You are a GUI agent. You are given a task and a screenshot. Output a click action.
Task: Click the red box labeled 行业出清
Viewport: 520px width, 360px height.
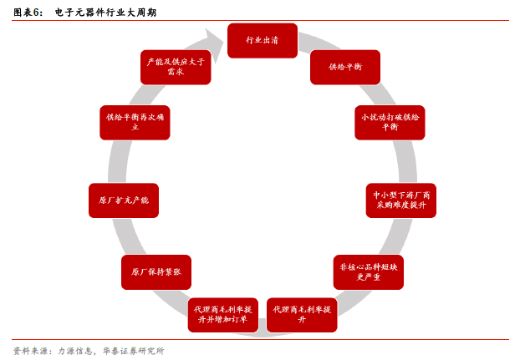click(x=262, y=40)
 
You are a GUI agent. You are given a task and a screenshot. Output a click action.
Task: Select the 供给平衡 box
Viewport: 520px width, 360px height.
click(x=344, y=67)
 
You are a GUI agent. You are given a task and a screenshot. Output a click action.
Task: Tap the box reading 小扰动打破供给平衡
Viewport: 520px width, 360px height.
click(x=390, y=122)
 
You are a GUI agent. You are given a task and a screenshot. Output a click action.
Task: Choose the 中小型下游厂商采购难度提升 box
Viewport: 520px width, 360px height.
click(x=400, y=200)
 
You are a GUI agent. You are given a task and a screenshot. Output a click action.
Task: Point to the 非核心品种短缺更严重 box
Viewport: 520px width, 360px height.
click(x=368, y=271)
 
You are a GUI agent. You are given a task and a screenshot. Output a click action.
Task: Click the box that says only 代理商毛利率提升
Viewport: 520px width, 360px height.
click(x=302, y=314)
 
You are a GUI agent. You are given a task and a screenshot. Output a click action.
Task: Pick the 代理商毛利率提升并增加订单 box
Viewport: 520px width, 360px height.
click(x=222, y=314)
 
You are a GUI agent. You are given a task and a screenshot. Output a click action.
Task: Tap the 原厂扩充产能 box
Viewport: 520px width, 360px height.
click(x=123, y=200)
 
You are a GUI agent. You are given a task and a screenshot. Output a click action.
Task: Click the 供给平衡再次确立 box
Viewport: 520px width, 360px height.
click(x=135, y=122)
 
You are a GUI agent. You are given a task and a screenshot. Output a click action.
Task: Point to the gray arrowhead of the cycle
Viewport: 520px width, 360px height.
click(x=213, y=42)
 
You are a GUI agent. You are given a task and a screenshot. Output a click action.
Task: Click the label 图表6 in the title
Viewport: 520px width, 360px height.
click(x=28, y=13)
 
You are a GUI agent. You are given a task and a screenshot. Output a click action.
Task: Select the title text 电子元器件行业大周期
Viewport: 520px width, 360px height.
click(x=105, y=13)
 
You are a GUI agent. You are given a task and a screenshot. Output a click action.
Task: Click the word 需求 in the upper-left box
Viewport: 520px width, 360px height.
click(x=175, y=72)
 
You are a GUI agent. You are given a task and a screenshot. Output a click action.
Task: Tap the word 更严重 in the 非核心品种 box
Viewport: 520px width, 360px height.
click(x=368, y=276)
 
